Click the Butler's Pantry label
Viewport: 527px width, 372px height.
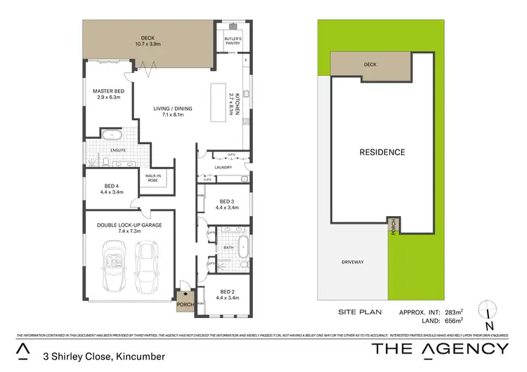click(233, 41)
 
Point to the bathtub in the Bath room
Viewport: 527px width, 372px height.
click(242, 247)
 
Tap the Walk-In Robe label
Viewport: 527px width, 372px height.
click(153, 178)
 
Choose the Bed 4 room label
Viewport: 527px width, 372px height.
click(112, 189)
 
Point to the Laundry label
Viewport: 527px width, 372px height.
click(225, 167)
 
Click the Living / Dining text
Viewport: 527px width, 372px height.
click(172, 111)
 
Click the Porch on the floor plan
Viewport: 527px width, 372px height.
click(184, 305)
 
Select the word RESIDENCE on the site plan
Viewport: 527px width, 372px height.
click(382, 152)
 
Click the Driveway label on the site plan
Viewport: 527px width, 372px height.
click(353, 262)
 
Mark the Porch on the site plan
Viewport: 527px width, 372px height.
click(394, 227)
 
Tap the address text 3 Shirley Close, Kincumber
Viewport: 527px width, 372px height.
click(104, 357)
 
